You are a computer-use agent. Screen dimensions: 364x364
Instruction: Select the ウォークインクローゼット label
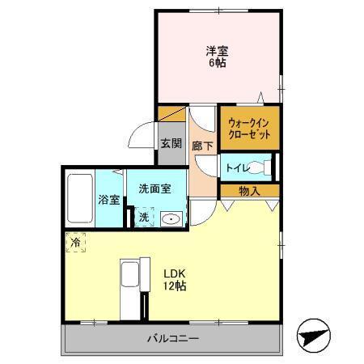(x=248, y=128)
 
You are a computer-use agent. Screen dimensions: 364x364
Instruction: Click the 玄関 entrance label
(x=170, y=144)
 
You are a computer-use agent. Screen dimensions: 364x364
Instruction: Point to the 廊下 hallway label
(x=203, y=146)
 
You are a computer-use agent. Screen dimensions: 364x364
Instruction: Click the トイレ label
(x=237, y=168)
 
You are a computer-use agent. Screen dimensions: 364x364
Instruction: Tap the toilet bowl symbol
(x=260, y=168)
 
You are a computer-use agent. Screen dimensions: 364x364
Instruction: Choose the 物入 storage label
(x=249, y=191)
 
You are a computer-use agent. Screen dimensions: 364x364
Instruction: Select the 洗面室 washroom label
(x=154, y=188)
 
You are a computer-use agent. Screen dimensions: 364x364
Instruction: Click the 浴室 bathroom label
(x=109, y=200)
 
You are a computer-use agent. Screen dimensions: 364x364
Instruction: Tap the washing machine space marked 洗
(x=142, y=217)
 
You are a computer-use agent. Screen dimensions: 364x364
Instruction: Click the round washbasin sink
(x=170, y=218)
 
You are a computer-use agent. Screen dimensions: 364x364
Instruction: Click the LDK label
(x=176, y=273)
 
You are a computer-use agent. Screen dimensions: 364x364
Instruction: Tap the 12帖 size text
(x=176, y=286)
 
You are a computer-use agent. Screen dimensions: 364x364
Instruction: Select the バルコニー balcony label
(x=172, y=338)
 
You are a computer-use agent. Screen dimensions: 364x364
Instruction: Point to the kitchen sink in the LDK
(x=129, y=277)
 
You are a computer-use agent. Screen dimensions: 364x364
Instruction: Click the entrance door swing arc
(x=142, y=132)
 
